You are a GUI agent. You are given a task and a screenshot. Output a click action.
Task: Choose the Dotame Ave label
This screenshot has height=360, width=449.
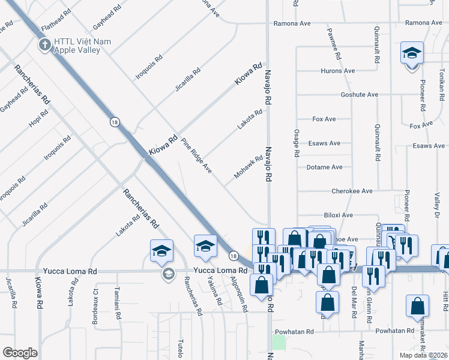(x=324, y=167)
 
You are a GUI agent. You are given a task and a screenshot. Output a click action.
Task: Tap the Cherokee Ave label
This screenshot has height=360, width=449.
(x=352, y=191)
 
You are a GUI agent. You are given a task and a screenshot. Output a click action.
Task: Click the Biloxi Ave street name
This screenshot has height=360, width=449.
(x=339, y=215)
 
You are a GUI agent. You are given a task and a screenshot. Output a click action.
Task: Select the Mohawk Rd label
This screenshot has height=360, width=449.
(x=249, y=167)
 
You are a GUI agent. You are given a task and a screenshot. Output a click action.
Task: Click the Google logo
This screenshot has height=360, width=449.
(x=20, y=352)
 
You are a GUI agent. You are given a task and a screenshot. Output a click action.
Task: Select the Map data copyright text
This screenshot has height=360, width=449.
(x=424, y=355)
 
